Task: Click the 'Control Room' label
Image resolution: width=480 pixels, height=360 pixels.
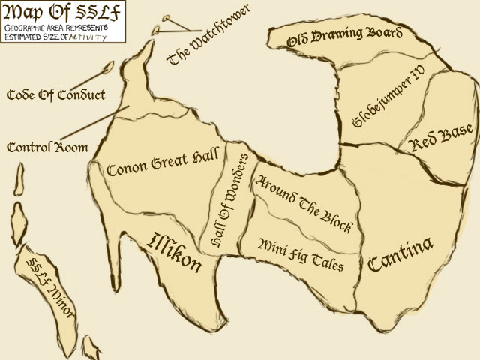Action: click(x=46, y=147)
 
